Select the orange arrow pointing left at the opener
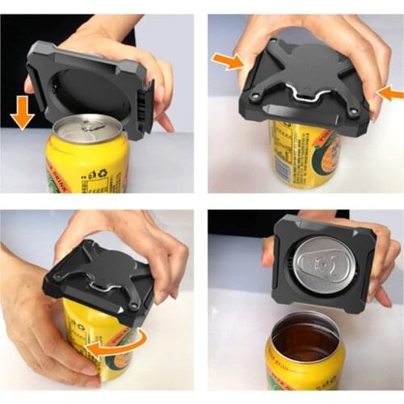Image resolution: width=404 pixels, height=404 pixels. click(x=390, y=94)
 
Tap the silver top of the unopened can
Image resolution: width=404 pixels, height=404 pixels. click(x=86, y=129)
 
